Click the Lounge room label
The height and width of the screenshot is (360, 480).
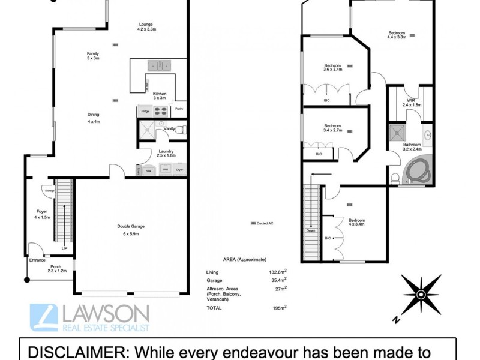pyautogui.click(x=146, y=27)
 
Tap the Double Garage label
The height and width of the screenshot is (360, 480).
pyautogui.click(x=131, y=229)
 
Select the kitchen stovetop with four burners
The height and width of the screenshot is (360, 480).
pyautogui.click(x=160, y=111)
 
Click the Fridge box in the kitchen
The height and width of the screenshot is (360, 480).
pyautogui.click(x=145, y=112)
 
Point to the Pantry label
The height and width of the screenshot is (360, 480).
pyautogui.click(x=179, y=109)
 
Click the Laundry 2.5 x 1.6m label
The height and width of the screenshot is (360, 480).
pyautogui.click(x=166, y=153)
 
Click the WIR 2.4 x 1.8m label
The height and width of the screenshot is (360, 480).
pyautogui.click(x=411, y=103)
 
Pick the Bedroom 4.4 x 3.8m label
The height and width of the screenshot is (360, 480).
pyautogui.click(x=397, y=35)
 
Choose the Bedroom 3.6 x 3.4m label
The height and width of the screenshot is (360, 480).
pyautogui.click(x=332, y=67)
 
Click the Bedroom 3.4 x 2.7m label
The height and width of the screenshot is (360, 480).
pyautogui.click(x=332, y=128)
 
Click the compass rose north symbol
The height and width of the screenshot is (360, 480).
pyautogui.click(x=422, y=294)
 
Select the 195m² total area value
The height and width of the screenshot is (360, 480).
pyautogui.click(x=278, y=308)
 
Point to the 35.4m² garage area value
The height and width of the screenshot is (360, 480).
pyautogui.click(x=278, y=280)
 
